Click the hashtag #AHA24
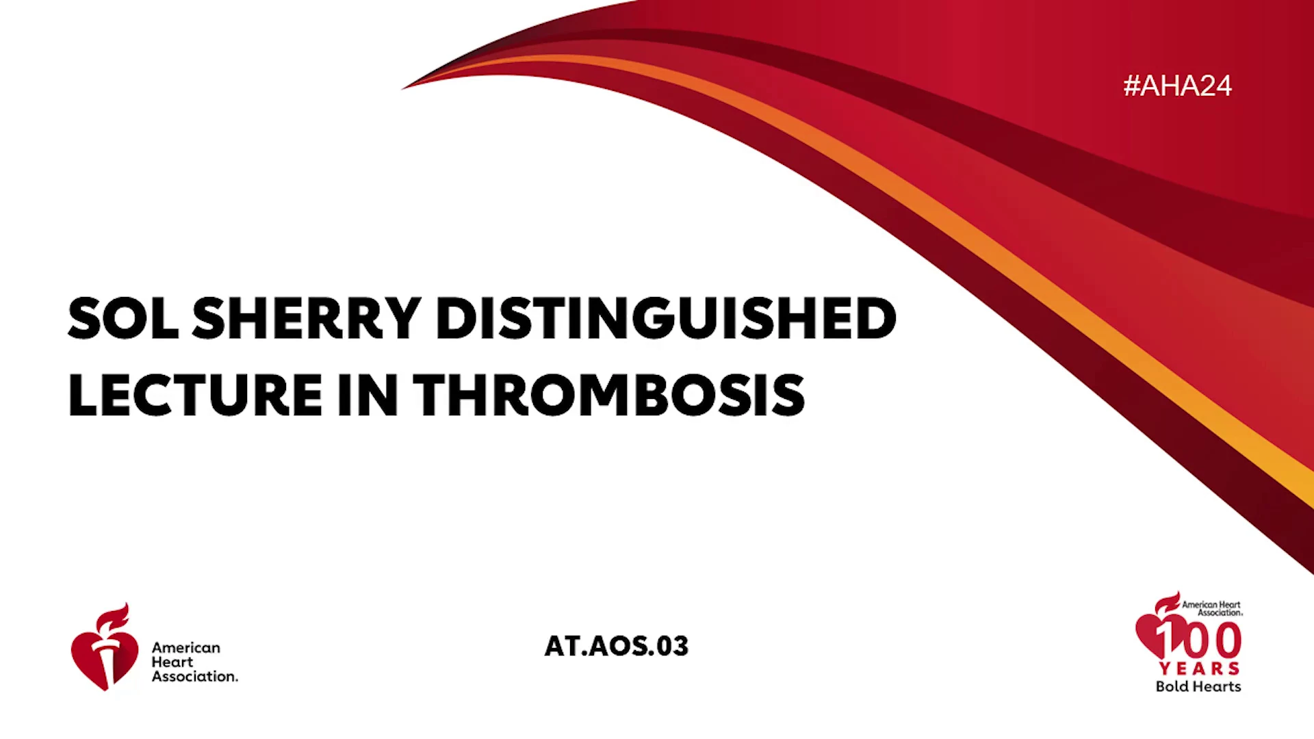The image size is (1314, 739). tap(1177, 86)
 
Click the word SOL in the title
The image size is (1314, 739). tap(123, 318)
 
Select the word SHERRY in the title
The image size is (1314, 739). tap(307, 318)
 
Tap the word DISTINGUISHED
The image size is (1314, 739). tap(665, 318)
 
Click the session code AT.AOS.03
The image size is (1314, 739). tap(616, 646)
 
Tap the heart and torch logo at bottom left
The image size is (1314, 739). tap(105, 647)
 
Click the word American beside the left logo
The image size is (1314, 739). tap(186, 647)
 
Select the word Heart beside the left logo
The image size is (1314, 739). tap(172, 662)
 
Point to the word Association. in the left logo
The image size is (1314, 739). tap(195, 676)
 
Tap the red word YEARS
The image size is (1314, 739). tap(1199, 668)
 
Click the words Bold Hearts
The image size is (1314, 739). tap(1198, 686)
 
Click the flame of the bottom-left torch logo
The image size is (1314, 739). tap(114, 617)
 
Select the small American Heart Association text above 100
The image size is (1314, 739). tap(1212, 608)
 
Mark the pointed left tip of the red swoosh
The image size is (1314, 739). tap(402, 89)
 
